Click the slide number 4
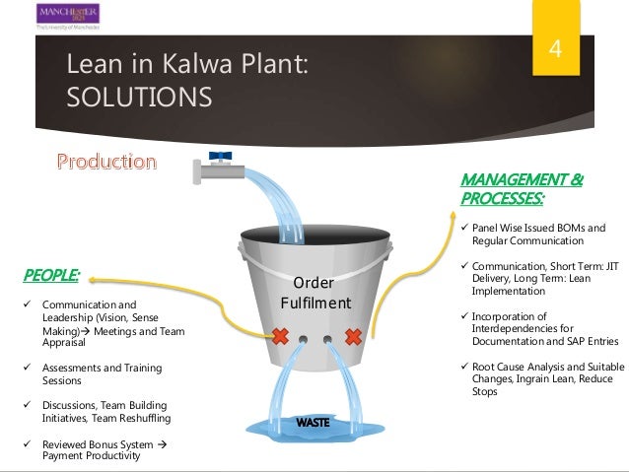point(557,49)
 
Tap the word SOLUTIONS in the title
point(138,98)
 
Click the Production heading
point(105,162)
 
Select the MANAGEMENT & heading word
point(521,180)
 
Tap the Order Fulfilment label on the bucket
point(314,293)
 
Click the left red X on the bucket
point(279,337)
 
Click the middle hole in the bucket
point(316,339)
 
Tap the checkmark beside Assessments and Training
point(27,368)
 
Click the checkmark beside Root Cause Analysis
point(465,367)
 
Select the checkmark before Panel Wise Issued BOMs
point(465,229)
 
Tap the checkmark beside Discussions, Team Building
point(27,405)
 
